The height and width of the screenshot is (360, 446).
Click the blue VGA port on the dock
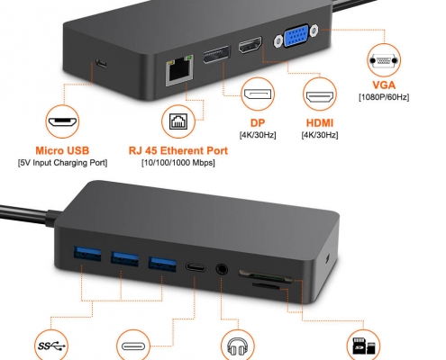[x=296, y=36]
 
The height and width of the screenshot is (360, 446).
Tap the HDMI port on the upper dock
[x=250, y=45]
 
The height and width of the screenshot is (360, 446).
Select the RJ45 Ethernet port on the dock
[x=179, y=70]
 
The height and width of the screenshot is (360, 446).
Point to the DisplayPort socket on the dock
[x=216, y=55]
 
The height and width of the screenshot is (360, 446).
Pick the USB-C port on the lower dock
[x=196, y=266]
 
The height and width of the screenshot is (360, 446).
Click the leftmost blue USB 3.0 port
[x=87, y=254]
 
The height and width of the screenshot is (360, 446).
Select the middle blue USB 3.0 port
[x=124, y=258]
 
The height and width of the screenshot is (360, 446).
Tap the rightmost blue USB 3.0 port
[x=162, y=264]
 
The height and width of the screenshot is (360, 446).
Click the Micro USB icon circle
[x=62, y=121]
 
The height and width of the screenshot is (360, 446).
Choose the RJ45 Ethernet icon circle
[x=178, y=121]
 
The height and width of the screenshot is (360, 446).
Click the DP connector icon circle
[x=258, y=94]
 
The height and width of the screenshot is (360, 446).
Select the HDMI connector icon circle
[x=320, y=94]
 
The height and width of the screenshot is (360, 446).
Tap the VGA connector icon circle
[x=384, y=60]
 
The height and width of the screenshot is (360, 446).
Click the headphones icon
[x=238, y=347]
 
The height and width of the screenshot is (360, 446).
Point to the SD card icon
[x=364, y=346]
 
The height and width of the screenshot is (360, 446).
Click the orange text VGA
[x=384, y=85]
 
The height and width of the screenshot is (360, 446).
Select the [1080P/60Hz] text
[x=384, y=97]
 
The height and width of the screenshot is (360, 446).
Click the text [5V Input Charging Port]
[x=62, y=163]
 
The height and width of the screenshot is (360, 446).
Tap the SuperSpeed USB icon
[x=51, y=346]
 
